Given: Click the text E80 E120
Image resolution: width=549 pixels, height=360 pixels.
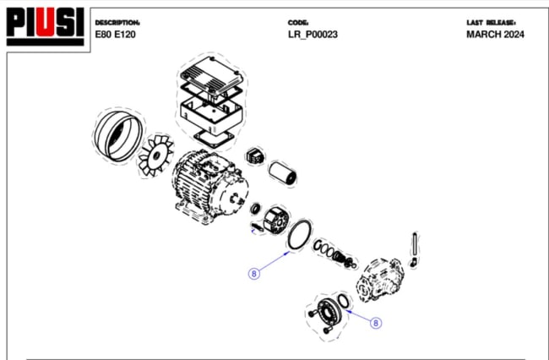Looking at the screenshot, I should [115, 35].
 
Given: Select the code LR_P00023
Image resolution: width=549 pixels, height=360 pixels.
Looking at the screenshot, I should [313, 35].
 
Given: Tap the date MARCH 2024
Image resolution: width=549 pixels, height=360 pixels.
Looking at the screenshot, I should [495, 35].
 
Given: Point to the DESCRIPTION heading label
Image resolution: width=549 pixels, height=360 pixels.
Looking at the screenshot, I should [117, 22].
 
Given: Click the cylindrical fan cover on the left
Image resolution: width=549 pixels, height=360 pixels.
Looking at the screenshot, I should [117, 137].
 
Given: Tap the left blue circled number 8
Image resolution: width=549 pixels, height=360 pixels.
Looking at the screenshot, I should [253, 273].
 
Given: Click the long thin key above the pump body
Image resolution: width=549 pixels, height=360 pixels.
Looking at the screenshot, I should [415, 246].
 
